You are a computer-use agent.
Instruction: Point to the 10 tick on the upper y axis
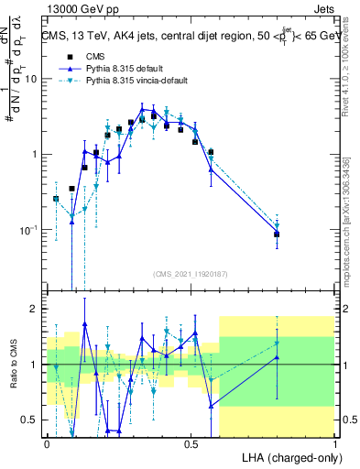point(33,79)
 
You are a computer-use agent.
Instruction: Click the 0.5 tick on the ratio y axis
point(32,420)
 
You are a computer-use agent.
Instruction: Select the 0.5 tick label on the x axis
point(191,443)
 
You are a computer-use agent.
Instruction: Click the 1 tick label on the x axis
point(334,443)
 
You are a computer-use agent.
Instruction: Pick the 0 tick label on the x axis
point(47,443)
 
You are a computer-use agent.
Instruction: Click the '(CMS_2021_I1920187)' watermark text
point(191,274)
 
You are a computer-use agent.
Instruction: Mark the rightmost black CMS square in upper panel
point(277,234)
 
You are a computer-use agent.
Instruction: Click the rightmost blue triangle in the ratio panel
point(277,357)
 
